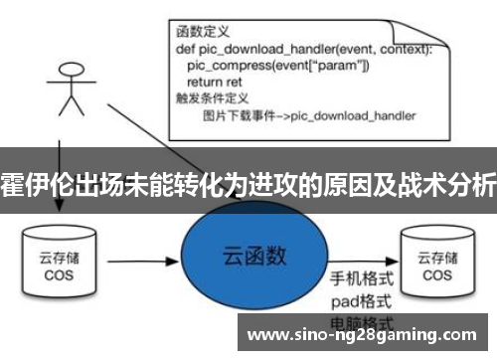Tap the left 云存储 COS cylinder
(57, 262)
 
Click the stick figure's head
(70, 72)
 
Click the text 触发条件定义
(208, 99)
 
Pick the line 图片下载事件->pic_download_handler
(308, 116)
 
